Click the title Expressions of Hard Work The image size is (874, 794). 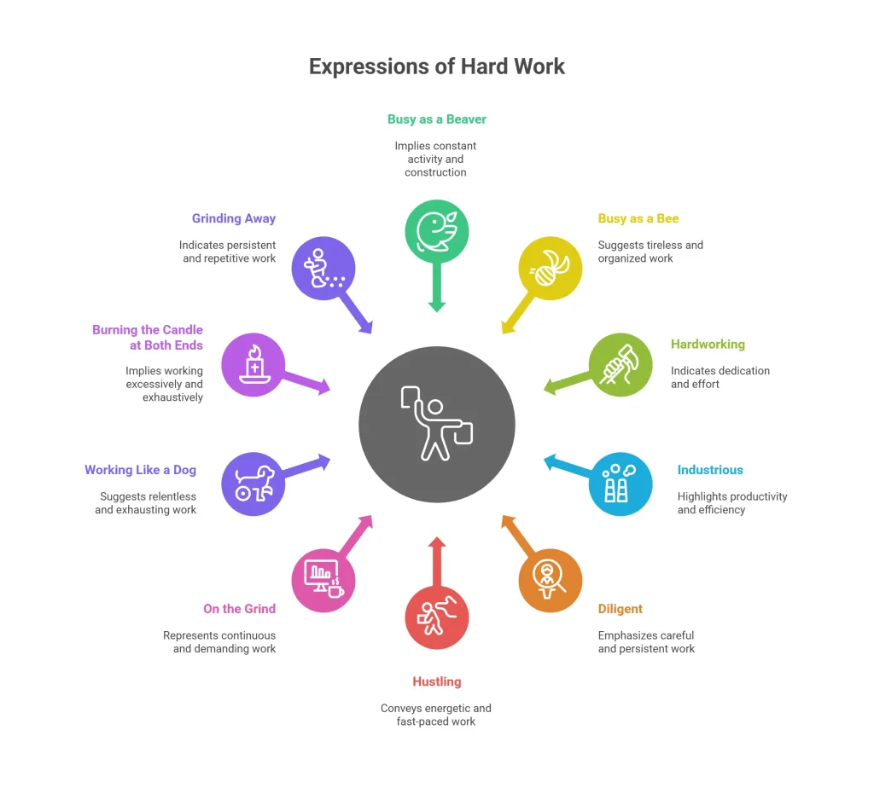(x=437, y=67)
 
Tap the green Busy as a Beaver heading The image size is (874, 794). (x=437, y=119)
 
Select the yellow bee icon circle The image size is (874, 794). (x=551, y=269)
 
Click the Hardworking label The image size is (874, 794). (x=708, y=344)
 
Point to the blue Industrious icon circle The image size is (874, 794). (x=621, y=484)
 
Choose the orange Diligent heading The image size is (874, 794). (x=621, y=609)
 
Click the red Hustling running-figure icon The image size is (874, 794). (x=437, y=617)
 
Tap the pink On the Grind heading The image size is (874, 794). (x=240, y=609)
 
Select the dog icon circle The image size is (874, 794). (x=253, y=484)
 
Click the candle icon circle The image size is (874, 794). (x=253, y=365)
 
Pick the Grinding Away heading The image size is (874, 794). (x=234, y=218)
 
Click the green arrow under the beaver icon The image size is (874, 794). (x=437, y=287)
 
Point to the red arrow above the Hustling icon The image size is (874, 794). (x=437, y=561)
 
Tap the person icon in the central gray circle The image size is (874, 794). (x=436, y=423)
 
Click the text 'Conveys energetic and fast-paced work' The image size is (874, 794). (x=436, y=715)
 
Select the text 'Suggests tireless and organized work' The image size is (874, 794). (x=650, y=252)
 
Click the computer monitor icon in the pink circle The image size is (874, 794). (x=321, y=575)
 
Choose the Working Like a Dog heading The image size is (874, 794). (x=141, y=470)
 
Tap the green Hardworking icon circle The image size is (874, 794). (x=621, y=365)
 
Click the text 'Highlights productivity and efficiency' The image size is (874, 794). (x=732, y=503)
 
